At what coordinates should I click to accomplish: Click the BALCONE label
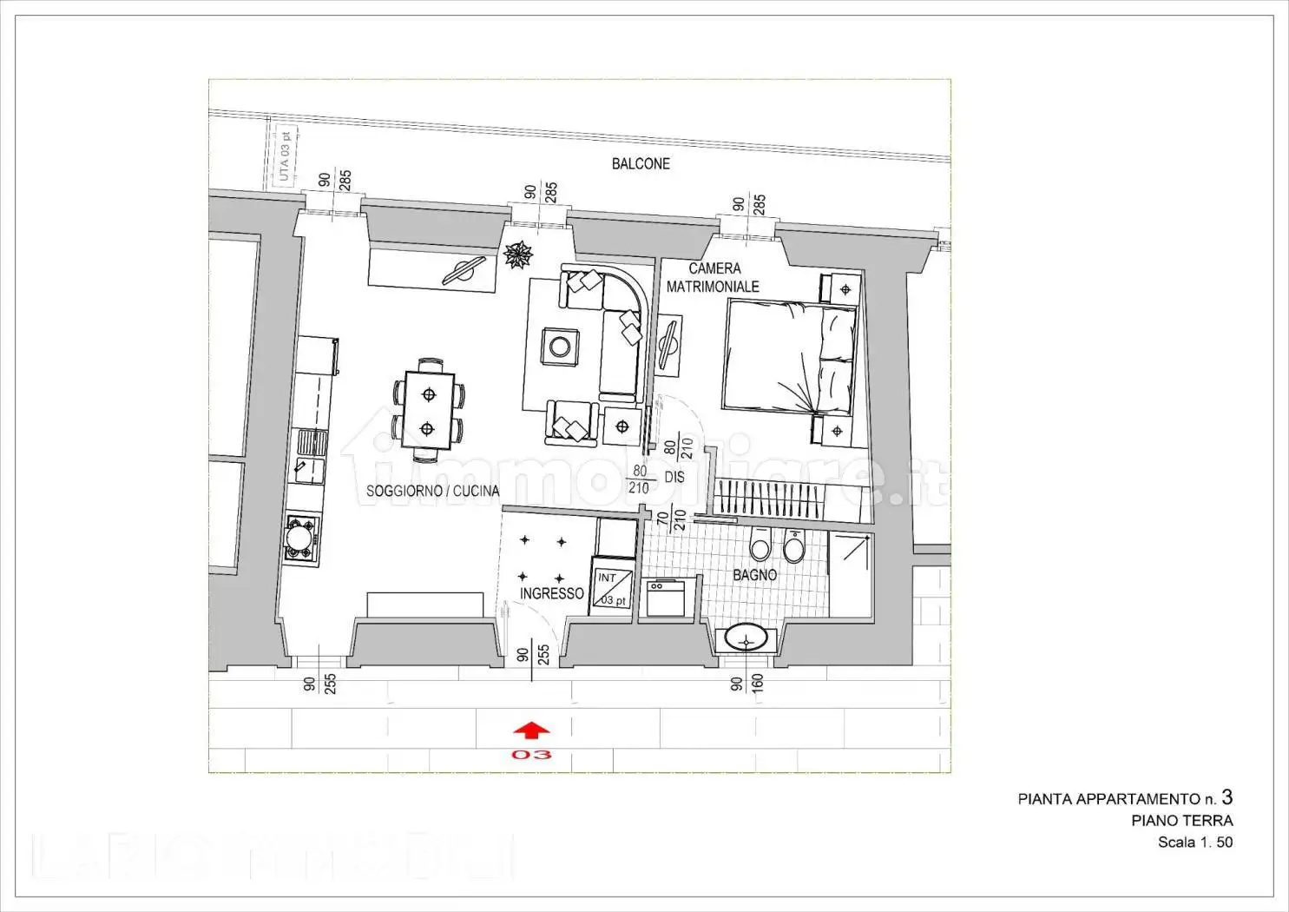coord(641,163)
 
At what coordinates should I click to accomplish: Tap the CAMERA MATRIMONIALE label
coord(714,277)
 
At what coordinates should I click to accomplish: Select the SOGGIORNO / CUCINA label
coord(432,491)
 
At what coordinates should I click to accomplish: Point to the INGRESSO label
coord(551,593)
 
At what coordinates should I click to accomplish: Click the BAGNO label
coord(754,574)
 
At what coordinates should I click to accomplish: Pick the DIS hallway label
coord(674,477)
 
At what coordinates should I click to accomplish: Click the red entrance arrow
coord(532,731)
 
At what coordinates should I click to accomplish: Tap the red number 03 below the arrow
coord(531,755)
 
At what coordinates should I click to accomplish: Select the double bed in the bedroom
coord(789,357)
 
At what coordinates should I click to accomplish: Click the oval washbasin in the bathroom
coord(745,639)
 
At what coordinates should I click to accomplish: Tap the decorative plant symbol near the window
coord(518,254)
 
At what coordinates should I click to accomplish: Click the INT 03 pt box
coord(611,589)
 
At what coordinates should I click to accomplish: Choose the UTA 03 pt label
coord(284,156)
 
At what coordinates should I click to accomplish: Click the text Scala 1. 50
coord(1194,842)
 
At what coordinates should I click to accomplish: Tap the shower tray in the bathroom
coord(850,573)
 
